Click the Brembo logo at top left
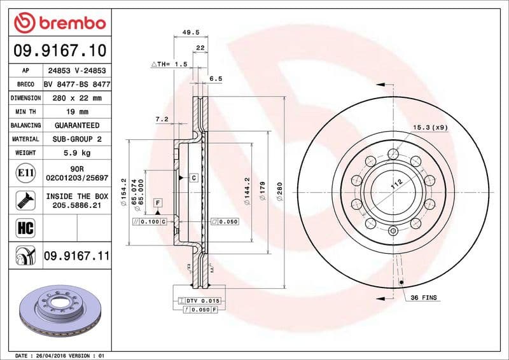(59, 24)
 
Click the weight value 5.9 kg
(77, 153)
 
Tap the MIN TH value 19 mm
(77, 112)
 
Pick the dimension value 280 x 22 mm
(77, 98)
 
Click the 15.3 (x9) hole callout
(431, 128)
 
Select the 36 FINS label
(424, 298)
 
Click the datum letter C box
(193, 177)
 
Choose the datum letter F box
(157, 203)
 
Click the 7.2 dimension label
(162, 119)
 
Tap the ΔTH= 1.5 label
(169, 65)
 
